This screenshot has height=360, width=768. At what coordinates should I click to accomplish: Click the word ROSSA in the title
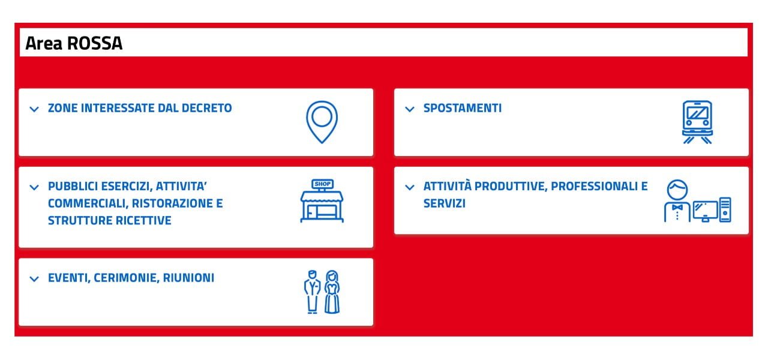click(95, 43)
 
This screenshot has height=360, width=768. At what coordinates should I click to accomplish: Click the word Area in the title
click(44, 43)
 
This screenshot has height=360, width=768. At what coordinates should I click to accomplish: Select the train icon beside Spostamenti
click(697, 122)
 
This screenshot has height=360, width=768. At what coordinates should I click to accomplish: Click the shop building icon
click(322, 201)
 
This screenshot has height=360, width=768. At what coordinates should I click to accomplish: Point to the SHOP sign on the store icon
click(322, 184)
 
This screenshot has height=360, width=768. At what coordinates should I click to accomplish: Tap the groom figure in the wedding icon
click(312, 292)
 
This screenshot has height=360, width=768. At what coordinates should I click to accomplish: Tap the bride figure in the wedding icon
click(332, 292)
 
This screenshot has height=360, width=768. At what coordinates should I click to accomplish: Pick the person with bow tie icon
click(677, 200)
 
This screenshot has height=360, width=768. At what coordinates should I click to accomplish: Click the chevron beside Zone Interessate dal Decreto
click(34, 109)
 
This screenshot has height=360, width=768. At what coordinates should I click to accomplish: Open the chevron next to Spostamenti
click(410, 109)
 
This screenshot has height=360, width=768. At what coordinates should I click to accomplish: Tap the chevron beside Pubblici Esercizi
click(34, 188)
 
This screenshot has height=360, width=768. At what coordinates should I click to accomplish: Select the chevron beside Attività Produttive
click(410, 188)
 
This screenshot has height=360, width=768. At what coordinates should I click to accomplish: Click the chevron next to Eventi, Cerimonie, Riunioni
click(34, 279)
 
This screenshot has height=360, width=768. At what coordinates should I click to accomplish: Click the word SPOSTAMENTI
click(463, 108)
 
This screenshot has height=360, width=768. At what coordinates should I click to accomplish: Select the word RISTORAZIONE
click(172, 203)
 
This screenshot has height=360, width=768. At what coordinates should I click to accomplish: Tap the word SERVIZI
click(445, 203)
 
